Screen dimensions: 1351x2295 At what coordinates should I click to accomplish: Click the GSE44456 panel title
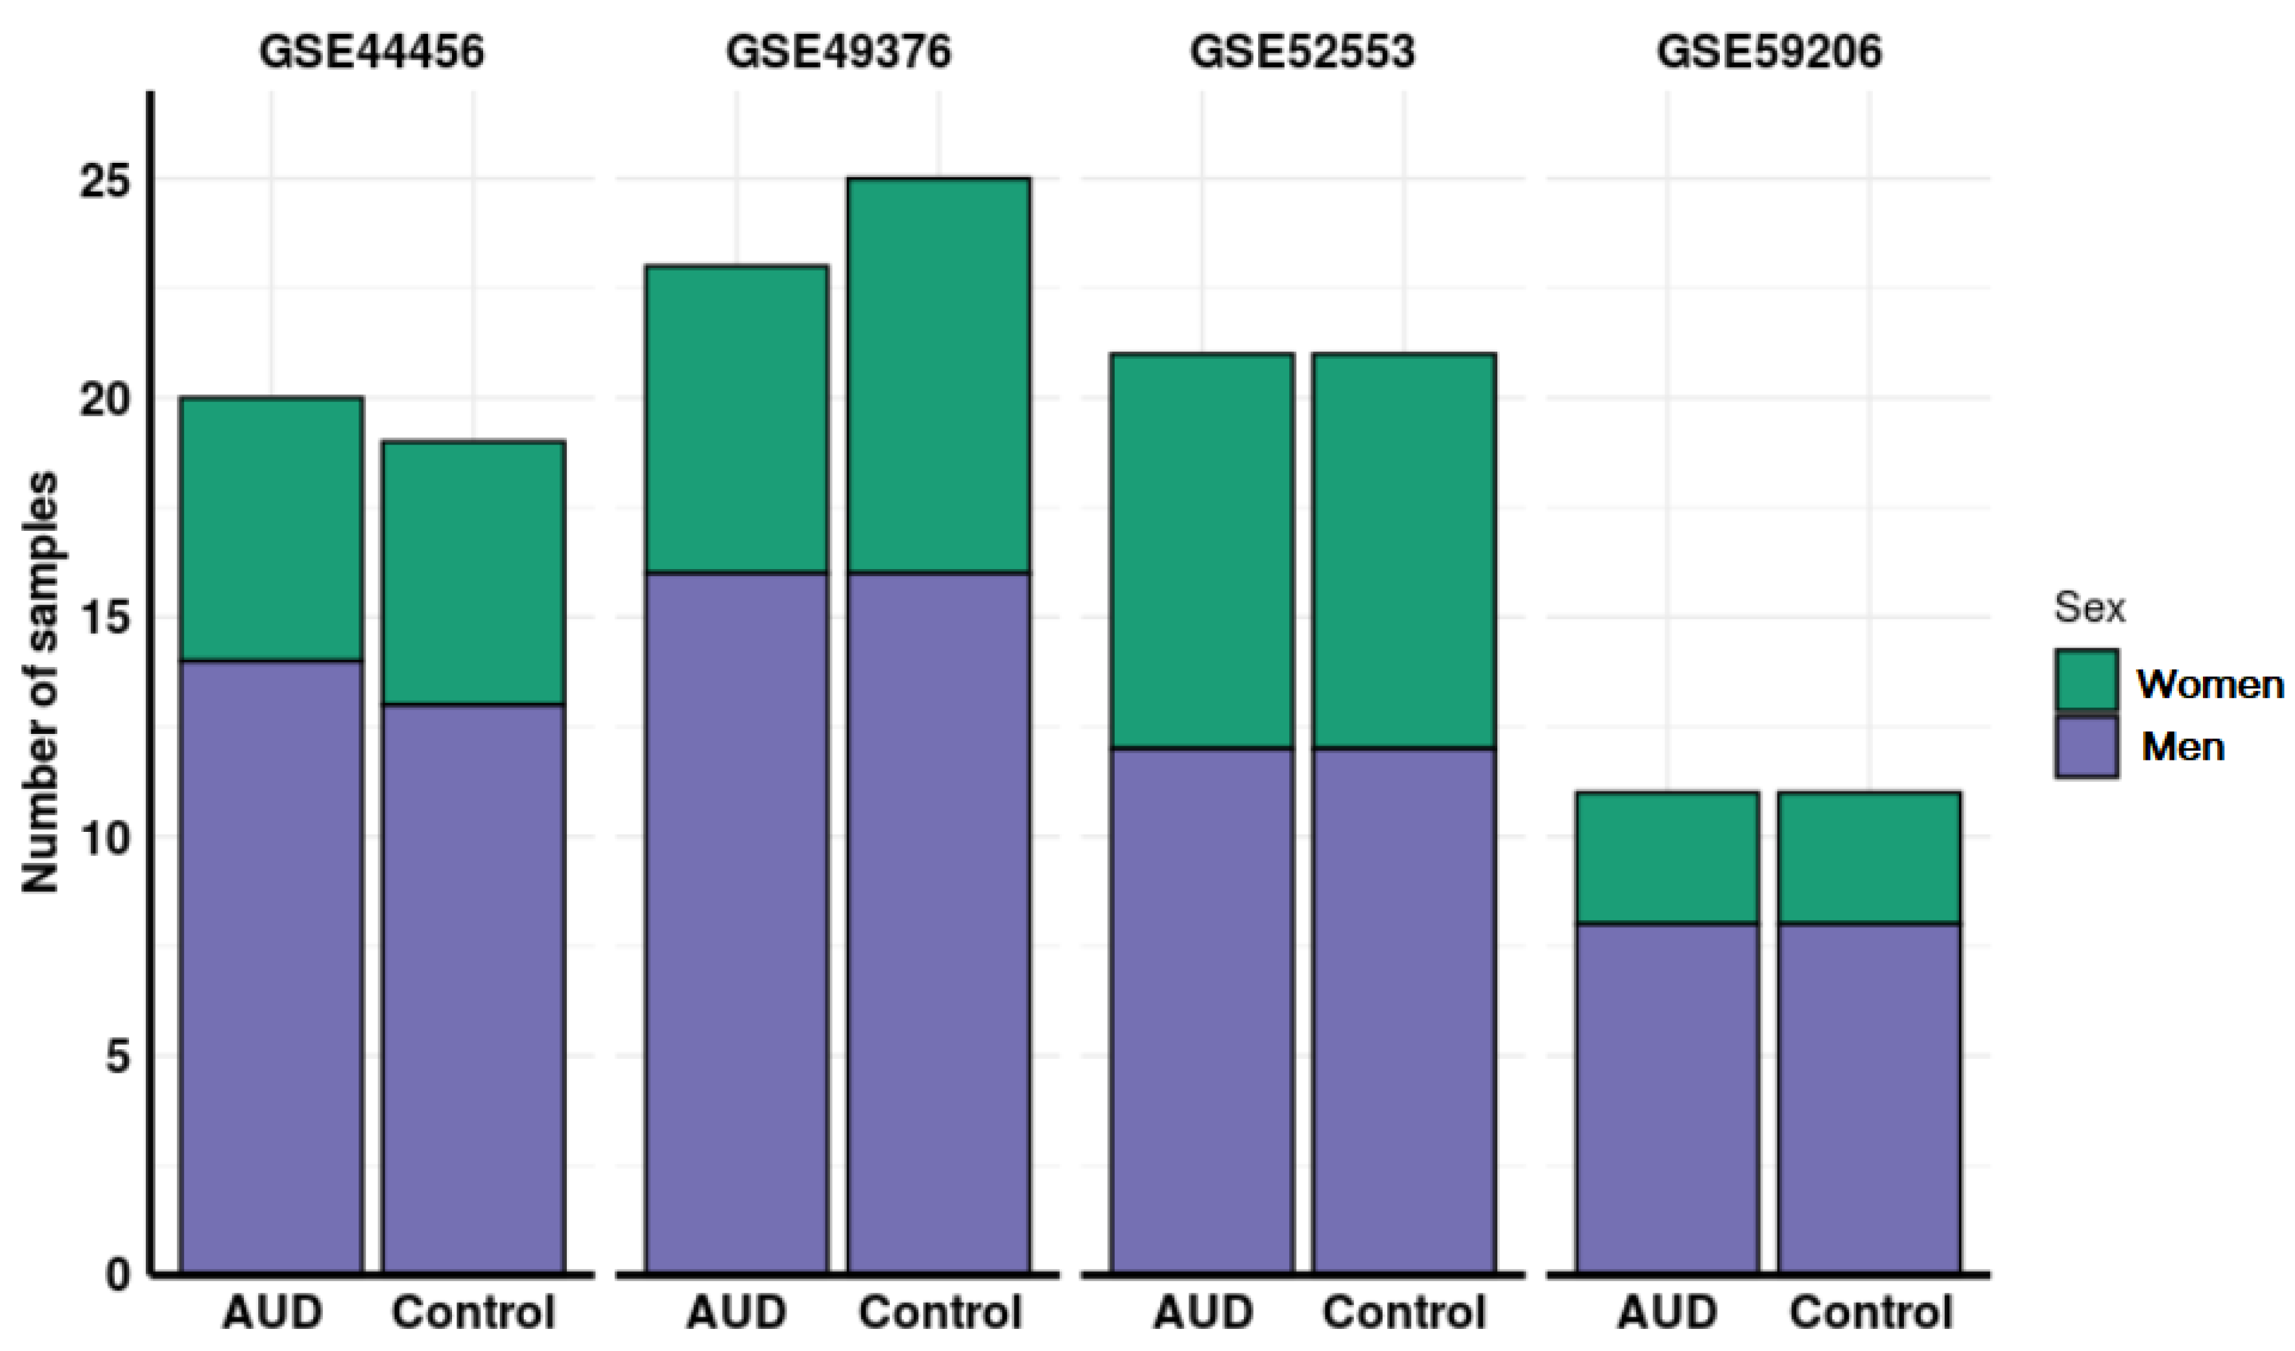pos(372,51)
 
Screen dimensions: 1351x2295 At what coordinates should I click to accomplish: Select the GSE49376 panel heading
pos(838,51)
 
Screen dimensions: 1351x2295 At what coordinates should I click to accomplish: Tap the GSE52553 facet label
pos(1302,51)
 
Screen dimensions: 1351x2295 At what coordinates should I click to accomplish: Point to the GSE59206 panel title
pos(1768,51)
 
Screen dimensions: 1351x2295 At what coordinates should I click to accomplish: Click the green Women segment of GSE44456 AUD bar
pos(272,528)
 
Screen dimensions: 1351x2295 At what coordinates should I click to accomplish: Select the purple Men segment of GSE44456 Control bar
pos(473,988)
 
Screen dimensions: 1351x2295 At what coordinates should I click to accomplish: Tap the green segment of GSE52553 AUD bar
pos(1202,551)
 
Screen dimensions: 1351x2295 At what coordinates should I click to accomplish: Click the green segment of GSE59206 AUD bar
pos(1667,857)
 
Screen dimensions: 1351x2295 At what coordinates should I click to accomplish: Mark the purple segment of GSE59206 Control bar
pos(1869,1098)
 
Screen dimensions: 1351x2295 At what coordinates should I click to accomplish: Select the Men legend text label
pos(2183,747)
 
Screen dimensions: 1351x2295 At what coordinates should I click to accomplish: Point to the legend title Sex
pos(2089,607)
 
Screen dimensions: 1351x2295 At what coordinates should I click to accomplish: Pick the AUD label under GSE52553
pos(1202,1313)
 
